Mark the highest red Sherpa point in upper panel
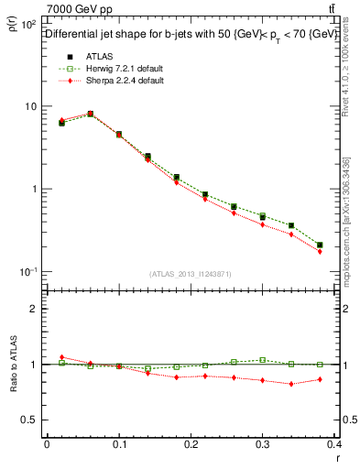click(x=90, y=114)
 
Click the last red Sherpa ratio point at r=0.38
click(x=320, y=379)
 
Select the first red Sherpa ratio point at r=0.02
click(x=61, y=357)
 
